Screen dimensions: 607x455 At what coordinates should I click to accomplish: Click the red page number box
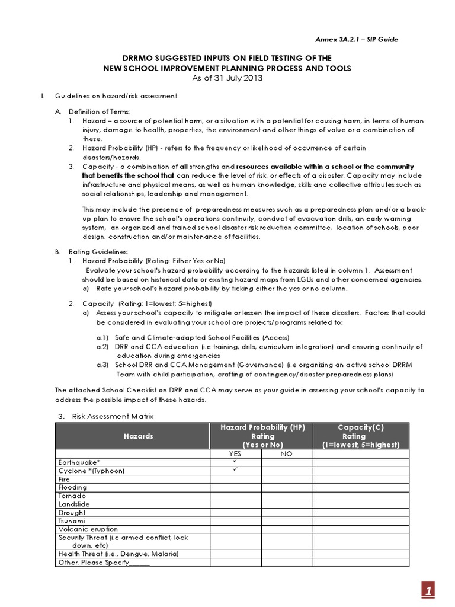[429, 590]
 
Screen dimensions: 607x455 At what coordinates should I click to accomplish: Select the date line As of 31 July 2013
[227, 78]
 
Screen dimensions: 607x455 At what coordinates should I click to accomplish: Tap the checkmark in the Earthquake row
[235, 462]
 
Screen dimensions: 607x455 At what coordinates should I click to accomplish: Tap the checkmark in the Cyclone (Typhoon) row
[235, 470]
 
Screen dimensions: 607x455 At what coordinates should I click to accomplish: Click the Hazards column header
[138, 436]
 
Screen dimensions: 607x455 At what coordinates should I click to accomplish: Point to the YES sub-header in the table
[236, 453]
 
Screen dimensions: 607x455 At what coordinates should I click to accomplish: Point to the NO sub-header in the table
[287, 453]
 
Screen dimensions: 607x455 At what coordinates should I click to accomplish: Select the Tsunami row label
[72, 520]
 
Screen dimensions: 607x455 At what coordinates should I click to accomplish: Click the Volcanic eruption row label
[88, 529]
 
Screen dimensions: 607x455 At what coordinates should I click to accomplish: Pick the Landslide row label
[73, 504]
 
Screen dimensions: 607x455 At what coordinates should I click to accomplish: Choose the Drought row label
[72, 512]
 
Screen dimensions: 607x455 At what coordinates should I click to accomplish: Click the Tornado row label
[72, 496]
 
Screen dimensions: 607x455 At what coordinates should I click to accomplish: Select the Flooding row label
[72, 487]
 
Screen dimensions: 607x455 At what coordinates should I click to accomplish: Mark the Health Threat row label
[118, 554]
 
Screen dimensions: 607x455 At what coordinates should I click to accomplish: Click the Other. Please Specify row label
[104, 562]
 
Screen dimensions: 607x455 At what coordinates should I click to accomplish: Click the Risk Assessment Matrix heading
[113, 417]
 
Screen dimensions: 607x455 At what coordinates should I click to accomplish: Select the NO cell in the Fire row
[287, 479]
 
